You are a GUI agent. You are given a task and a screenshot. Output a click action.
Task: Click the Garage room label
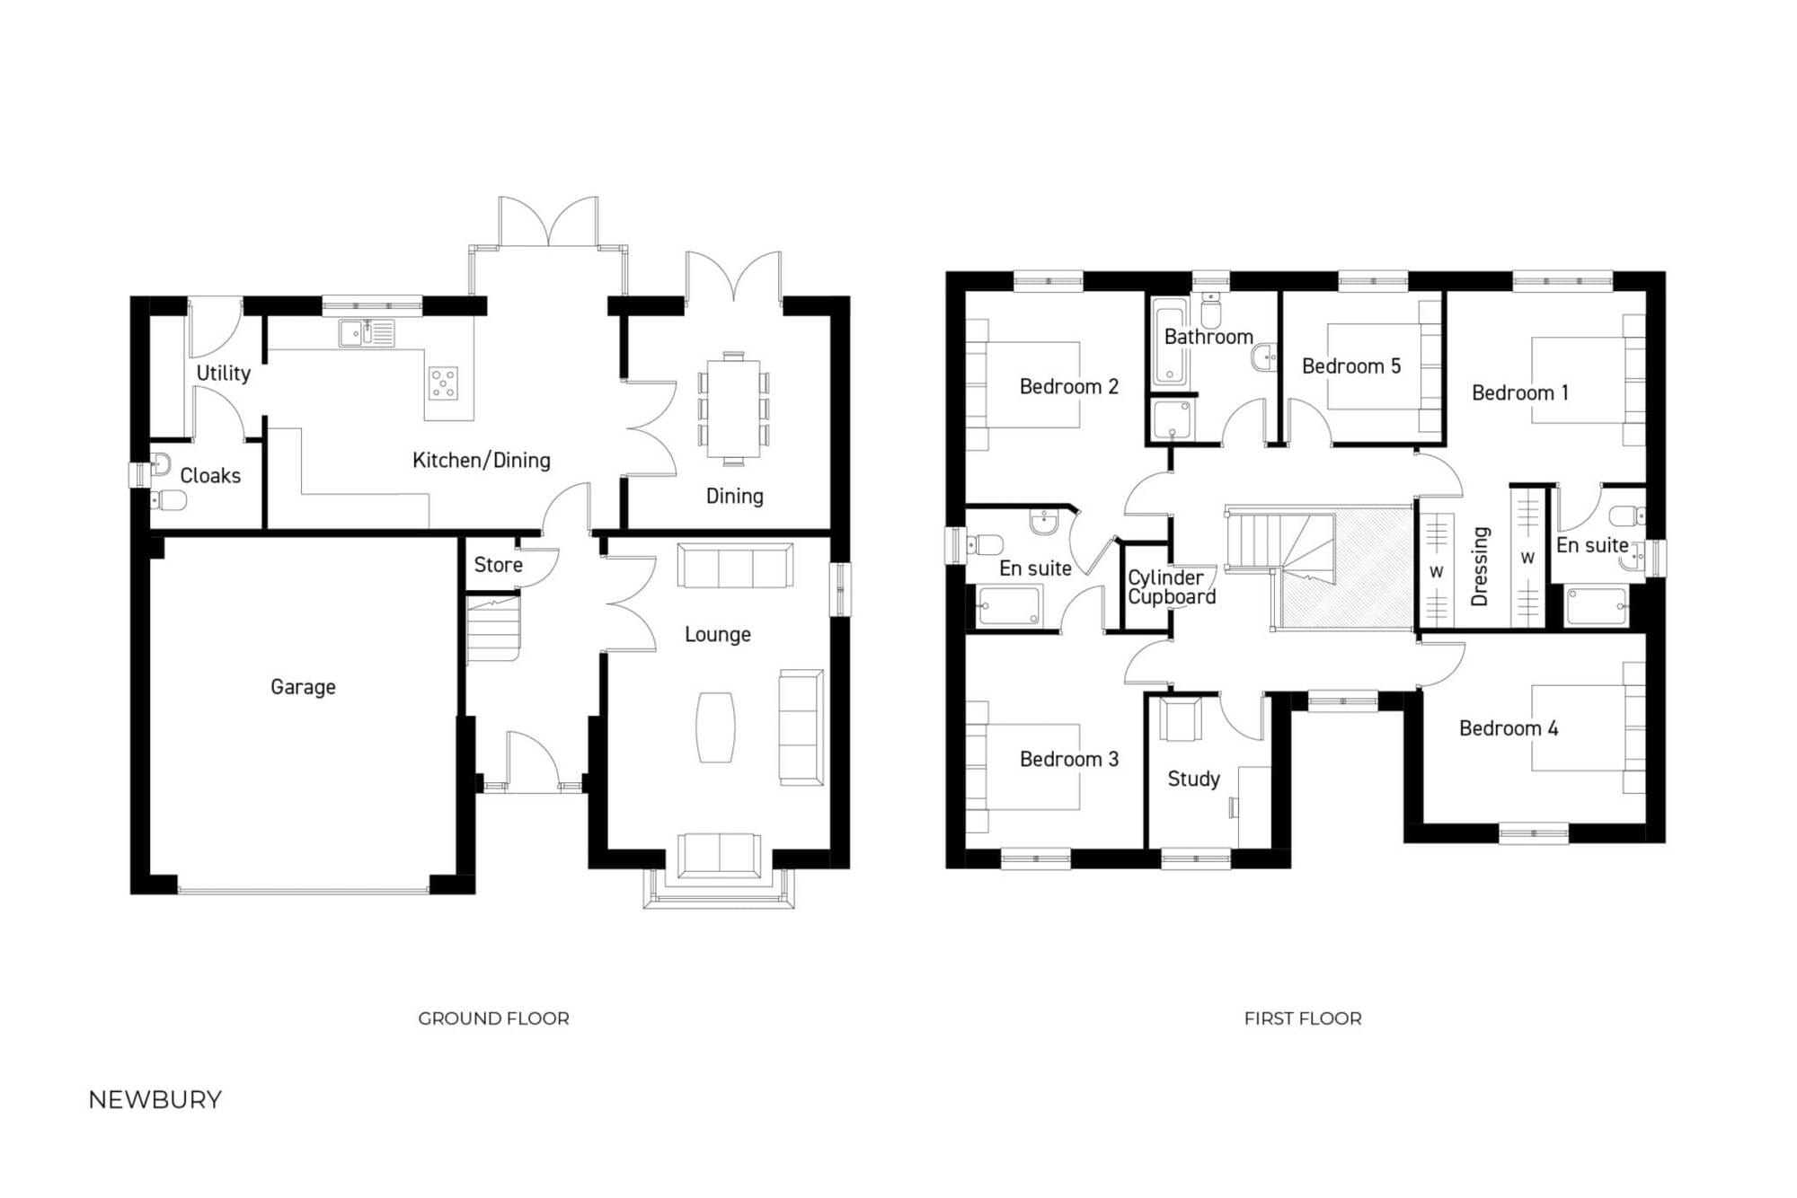tap(303, 687)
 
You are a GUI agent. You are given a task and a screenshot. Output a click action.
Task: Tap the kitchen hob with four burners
tap(443, 383)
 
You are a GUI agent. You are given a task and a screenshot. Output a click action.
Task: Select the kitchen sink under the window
tap(367, 333)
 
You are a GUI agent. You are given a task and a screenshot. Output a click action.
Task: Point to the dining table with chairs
tap(733, 410)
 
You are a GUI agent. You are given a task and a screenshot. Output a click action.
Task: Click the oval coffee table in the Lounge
tap(716, 727)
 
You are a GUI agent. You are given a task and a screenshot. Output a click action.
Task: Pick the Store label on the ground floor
tap(498, 565)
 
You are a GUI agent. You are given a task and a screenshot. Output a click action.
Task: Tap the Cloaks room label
tap(210, 476)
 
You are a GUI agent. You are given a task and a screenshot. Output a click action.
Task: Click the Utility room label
tap(223, 374)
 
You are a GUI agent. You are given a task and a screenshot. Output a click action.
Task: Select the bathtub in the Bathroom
tap(1169, 346)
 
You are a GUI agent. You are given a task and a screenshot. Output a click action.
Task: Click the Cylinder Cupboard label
tap(1171, 587)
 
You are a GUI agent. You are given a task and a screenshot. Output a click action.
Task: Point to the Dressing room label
tap(1480, 566)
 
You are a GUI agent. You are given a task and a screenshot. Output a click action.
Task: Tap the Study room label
tap(1193, 779)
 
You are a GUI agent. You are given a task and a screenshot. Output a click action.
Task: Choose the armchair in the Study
tap(1180, 719)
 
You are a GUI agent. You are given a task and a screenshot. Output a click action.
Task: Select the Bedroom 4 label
tap(1509, 728)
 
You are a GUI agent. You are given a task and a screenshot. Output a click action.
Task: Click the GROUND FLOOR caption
tap(493, 1018)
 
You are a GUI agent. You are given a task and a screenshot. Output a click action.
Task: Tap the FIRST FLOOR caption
tap(1303, 1018)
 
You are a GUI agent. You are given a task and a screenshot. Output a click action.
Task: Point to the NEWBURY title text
tap(155, 1100)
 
